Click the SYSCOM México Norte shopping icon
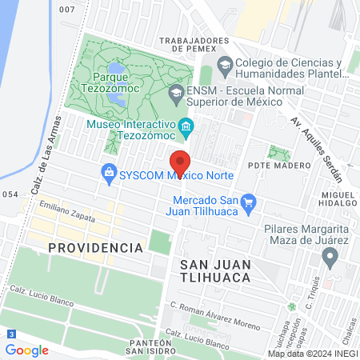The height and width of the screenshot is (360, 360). click(108, 171)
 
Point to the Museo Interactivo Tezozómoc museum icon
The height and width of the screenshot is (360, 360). click(186, 126)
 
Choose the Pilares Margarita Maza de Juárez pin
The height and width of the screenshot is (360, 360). click(329, 257)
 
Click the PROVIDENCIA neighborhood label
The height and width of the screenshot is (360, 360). click(95, 248)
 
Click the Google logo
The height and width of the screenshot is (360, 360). click(26, 350)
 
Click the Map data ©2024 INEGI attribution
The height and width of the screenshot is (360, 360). click(312, 354)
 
